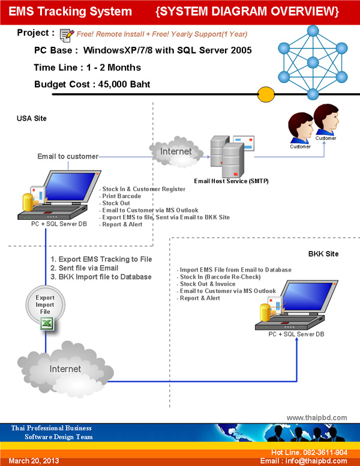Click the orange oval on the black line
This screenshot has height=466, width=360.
[266, 94]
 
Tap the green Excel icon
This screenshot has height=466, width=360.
[47, 323]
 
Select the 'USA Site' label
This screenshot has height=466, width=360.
[31, 118]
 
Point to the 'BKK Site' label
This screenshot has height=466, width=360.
[323, 254]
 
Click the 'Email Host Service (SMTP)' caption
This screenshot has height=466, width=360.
[231, 181]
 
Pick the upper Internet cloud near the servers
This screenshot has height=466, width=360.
[176, 152]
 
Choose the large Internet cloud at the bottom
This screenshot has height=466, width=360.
[65, 369]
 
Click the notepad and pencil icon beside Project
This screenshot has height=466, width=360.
[67, 35]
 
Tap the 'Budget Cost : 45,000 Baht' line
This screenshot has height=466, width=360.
[92, 85]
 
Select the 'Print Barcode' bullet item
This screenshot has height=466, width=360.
[121, 196]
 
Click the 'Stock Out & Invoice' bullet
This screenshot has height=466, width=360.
[208, 284]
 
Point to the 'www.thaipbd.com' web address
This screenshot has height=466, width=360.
[317, 417]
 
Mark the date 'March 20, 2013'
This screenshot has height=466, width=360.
[34, 461]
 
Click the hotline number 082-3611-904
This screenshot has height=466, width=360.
[325, 452]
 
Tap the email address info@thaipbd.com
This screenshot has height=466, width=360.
[316, 461]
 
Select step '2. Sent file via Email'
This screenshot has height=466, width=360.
[85, 268]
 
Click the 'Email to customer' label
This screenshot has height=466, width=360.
[68, 156]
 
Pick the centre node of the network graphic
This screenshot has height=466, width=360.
[313, 62]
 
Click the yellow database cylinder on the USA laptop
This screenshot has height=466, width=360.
[28, 202]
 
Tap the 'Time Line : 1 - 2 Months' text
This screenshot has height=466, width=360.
[88, 67]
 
